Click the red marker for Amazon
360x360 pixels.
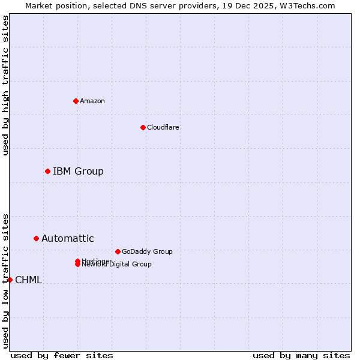point(76,101)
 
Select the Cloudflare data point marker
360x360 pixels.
point(143,127)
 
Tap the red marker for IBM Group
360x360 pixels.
point(47,172)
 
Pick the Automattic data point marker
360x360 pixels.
point(36,239)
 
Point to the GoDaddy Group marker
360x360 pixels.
point(118,251)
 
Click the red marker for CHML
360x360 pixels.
point(10,280)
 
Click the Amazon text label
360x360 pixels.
point(92,101)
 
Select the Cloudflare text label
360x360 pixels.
point(163,127)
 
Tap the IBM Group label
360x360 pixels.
point(78,172)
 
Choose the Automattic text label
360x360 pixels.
point(68,239)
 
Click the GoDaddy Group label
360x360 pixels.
point(147,251)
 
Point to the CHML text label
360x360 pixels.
point(28,280)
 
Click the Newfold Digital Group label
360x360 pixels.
point(117,265)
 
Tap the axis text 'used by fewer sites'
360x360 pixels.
point(62,355)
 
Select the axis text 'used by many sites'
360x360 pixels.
point(301,355)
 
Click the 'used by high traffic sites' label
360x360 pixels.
point(5,86)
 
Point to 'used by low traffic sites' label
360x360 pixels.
point(5,280)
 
